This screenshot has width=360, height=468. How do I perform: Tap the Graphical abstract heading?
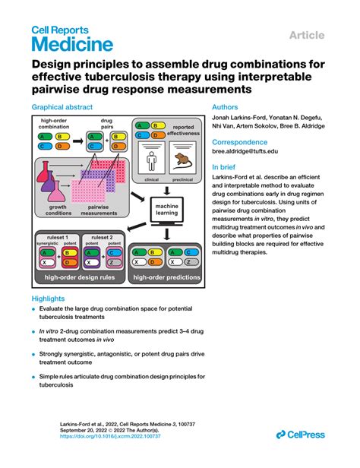point(62,108)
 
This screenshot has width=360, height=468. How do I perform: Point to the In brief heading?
point(227,167)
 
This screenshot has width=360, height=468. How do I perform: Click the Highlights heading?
point(48,299)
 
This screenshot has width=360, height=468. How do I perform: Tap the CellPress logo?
point(303,434)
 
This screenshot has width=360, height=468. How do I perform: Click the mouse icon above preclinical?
point(182,162)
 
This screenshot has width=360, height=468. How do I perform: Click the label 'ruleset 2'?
point(103,238)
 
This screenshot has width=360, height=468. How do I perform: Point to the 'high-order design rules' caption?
point(81,277)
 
